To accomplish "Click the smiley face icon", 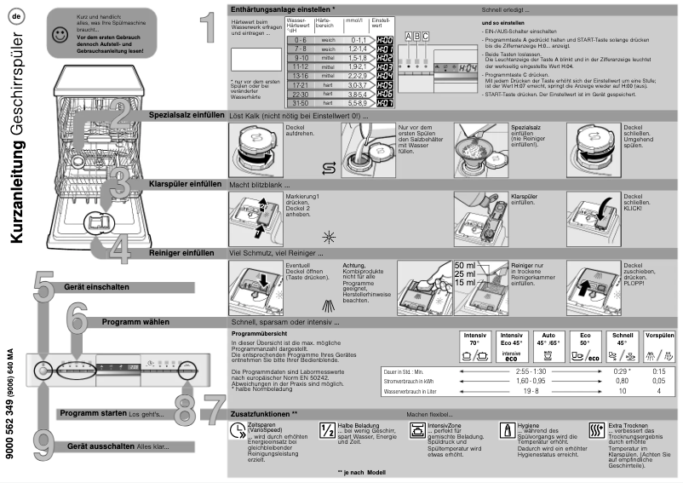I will coord(58,35).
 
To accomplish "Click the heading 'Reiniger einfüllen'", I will coord(181,252).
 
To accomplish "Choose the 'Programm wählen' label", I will coord(135,323).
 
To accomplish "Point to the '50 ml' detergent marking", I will coord(466,266).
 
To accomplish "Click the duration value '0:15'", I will coord(658,372).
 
